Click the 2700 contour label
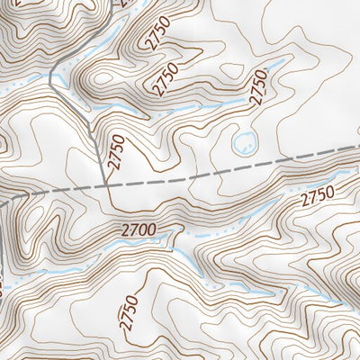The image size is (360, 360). [x=142, y=232]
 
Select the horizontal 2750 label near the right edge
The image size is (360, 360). [x=317, y=195]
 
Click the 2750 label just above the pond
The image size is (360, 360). [x=260, y=88]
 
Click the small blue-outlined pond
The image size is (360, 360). [x=243, y=140]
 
